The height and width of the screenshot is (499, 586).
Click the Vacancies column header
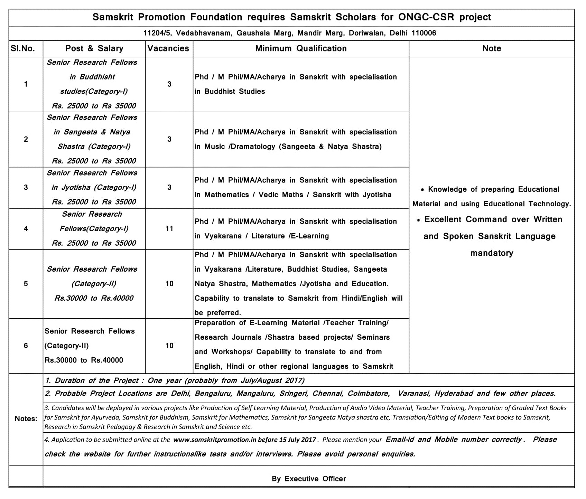pyautogui.click(x=168, y=48)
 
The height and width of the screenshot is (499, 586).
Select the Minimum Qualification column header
pyautogui.click(x=301, y=48)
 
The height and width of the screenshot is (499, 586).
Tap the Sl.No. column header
pyautogui.click(x=23, y=48)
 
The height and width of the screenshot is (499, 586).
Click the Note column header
pyautogui.click(x=492, y=48)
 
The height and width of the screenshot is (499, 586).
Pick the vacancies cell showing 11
pyautogui.click(x=169, y=229)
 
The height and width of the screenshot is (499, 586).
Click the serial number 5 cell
pyautogui.click(x=26, y=284)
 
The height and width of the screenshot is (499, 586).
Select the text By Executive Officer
pyautogui.click(x=309, y=479)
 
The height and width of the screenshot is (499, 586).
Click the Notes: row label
pyautogui.click(x=26, y=419)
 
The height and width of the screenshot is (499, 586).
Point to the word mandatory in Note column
pyautogui.click(x=492, y=253)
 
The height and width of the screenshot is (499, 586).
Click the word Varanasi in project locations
pyautogui.click(x=414, y=394)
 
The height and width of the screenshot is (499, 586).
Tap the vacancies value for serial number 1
pyautogui.click(x=169, y=84)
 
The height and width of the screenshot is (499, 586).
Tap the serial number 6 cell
pyautogui.click(x=26, y=346)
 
